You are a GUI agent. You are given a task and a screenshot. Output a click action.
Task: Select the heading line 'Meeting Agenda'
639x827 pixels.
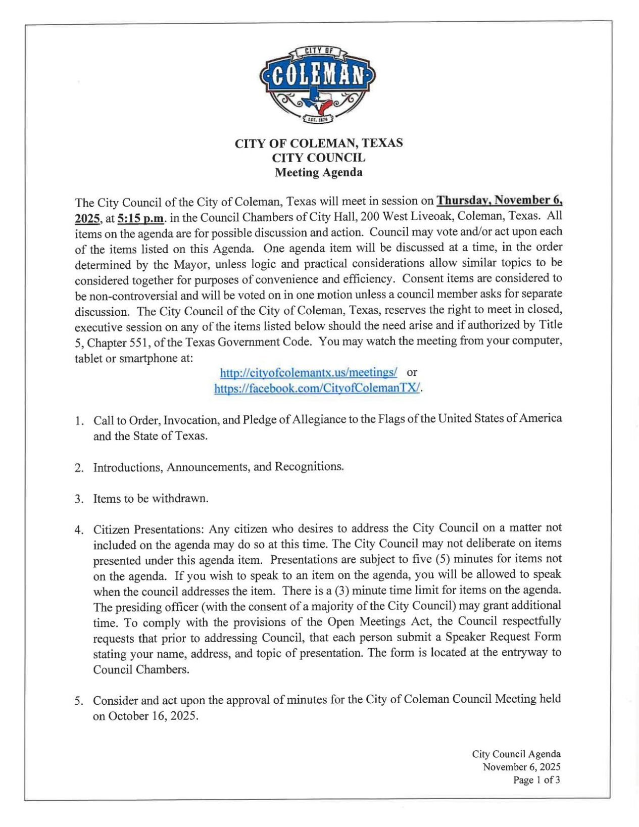tap(318, 173)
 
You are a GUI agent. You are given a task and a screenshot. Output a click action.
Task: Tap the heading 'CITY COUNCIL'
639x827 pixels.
tap(318, 158)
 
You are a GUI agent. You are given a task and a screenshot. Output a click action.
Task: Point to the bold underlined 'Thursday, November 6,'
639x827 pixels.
tap(499, 200)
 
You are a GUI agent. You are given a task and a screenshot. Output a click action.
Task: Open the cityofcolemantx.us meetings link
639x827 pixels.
tap(308, 373)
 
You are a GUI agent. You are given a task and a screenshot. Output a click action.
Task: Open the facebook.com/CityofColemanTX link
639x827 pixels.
tap(317, 388)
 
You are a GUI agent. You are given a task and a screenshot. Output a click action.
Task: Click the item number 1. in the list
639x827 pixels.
tap(79, 421)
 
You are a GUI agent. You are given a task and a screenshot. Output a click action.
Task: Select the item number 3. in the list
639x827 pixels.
tap(79, 500)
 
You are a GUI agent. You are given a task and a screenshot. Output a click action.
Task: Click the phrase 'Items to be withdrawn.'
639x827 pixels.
tap(151, 499)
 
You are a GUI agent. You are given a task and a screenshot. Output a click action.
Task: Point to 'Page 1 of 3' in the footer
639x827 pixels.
tap(536, 780)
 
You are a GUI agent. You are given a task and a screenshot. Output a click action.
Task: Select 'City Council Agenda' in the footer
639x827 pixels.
tap(516, 754)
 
